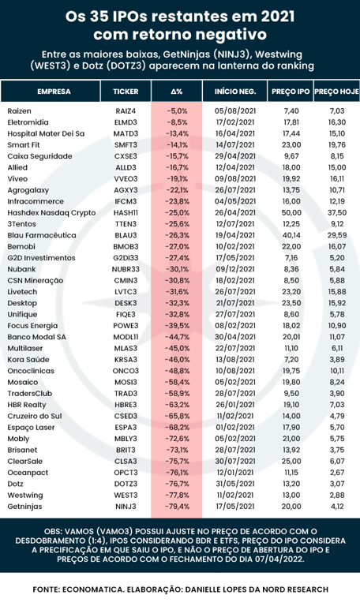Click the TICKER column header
pos(126,92)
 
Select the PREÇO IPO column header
pos(291,92)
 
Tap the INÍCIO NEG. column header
pos(235,92)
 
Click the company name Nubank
pos(21,269)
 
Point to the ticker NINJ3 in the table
pos(126,507)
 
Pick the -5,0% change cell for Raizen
pos(177,111)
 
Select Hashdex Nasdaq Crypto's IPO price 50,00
pos(291,212)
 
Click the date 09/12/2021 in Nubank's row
pos(234,269)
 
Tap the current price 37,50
pos(337,212)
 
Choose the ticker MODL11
pos(126,337)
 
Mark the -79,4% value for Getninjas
pos(177,507)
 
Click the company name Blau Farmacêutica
pos(42,235)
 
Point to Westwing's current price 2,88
pos(337,495)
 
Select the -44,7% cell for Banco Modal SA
pos(177,337)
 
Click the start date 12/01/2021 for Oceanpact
pos(234,473)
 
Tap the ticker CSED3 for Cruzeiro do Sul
pos(126,417)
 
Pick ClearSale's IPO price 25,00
pos(291,462)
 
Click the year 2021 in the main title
pos(277,17)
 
